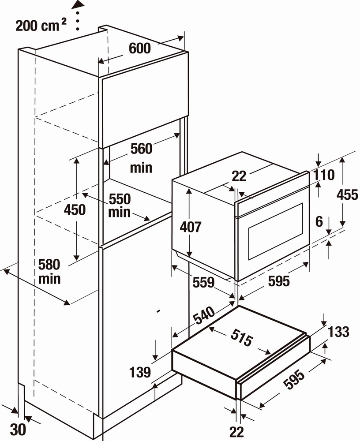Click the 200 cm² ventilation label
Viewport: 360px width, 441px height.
tap(41, 25)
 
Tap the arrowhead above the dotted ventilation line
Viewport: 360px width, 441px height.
tap(78, 5)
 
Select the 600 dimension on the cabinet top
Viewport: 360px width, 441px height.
tap(139, 49)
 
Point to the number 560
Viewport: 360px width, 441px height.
tap(141, 149)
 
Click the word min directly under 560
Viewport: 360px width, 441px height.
tap(141, 168)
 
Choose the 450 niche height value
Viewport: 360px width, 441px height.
tap(75, 210)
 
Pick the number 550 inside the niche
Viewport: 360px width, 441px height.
tap(120, 198)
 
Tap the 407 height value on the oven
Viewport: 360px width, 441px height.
tap(191, 227)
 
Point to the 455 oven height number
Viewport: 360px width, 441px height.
tap(347, 194)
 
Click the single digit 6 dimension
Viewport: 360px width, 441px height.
tap(319, 222)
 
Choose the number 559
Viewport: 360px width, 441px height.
tap(203, 282)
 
